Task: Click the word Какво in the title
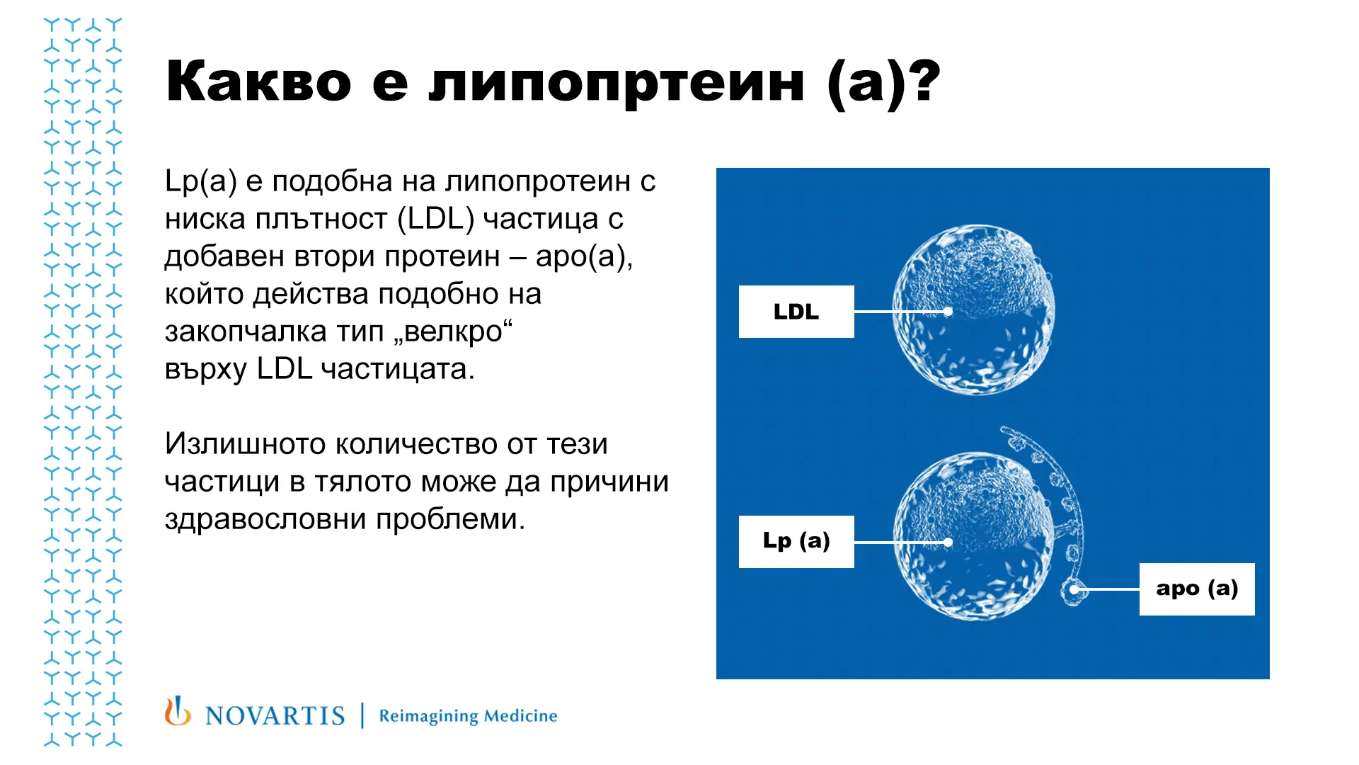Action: click(x=258, y=81)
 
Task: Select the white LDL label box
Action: click(x=796, y=312)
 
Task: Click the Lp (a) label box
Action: click(x=796, y=542)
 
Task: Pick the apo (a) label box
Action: click(x=1197, y=589)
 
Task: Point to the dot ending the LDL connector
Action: click(x=948, y=311)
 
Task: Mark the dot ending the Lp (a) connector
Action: click(x=948, y=543)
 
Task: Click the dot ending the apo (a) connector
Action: click(x=1074, y=589)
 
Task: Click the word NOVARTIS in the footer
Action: click(x=275, y=715)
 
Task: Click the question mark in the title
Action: click(x=924, y=81)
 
